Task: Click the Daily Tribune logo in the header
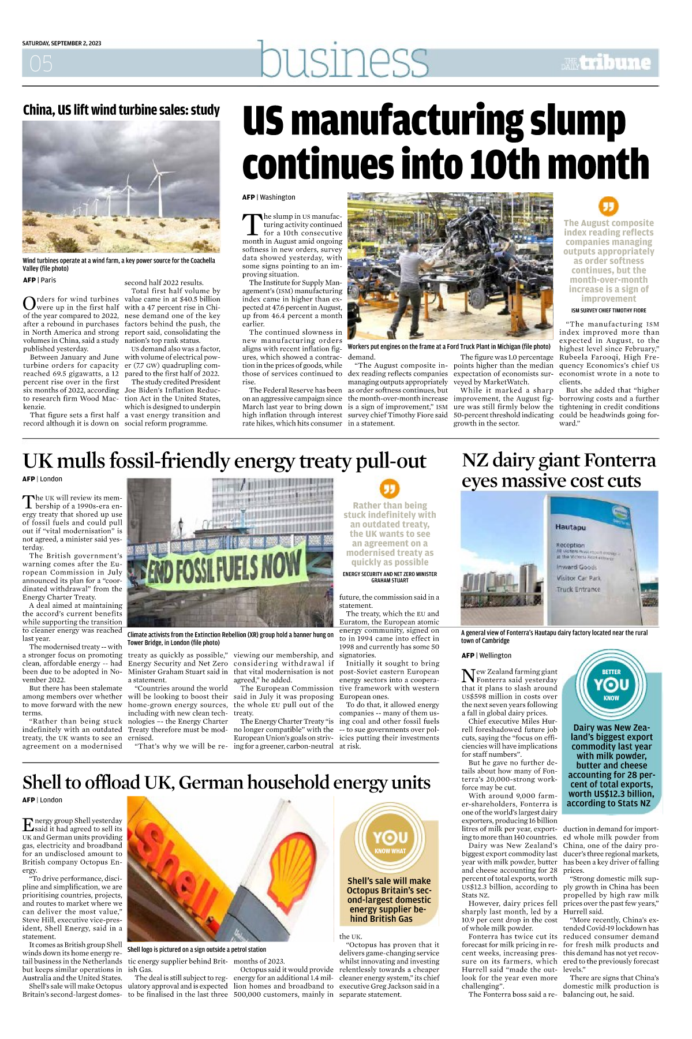click(x=606, y=63)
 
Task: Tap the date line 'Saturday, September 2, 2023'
click(x=62, y=43)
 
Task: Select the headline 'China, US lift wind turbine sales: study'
click(x=121, y=110)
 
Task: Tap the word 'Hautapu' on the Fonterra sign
click(x=570, y=527)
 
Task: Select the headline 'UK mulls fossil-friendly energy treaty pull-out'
click(x=224, y=461)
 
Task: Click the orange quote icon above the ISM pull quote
click(x=608, y=205)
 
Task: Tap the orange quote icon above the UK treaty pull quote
click(x=390, y=488)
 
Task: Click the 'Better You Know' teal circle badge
click(x=611, y=685)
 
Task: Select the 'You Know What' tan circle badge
click(x=390, y=840)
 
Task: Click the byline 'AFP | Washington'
click(x=268, y=197)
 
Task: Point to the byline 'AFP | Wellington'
click(x=486, y=655)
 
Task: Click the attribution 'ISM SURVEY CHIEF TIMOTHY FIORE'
click(x=608, y=311)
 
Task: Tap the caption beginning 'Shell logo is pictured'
click(x=196, y=949)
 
